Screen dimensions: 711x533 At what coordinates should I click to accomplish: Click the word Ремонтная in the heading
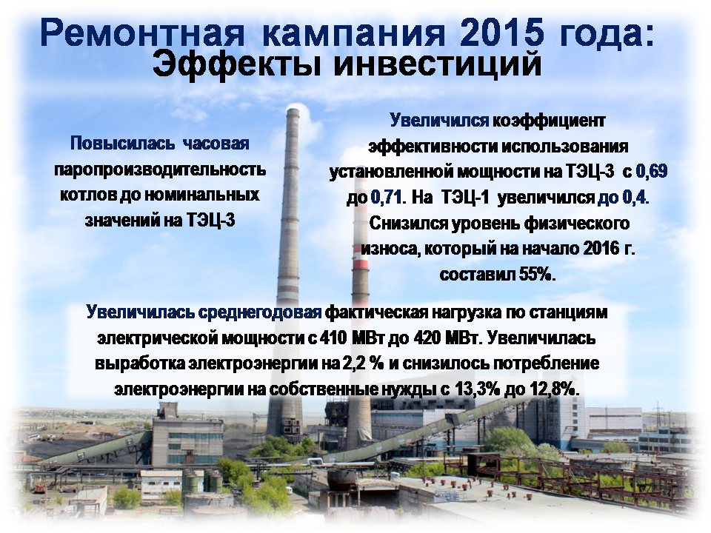(x=142, y=33)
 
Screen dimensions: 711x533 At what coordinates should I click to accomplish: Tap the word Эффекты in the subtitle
(x=237, y=64)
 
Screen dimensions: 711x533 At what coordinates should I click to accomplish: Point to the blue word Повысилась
(x=122, y=143)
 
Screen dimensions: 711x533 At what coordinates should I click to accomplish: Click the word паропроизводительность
(x=160, y=170)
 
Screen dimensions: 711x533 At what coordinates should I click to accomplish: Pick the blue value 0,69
(x=652, y=171)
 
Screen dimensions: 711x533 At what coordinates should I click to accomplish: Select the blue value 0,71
(x=387, y=197)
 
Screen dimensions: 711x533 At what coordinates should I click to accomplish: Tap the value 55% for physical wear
(x=534, y=274)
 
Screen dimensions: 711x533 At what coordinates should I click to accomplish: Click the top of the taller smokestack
(x=293, y=110)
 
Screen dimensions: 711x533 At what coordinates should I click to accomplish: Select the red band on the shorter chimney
(x=361, y=265)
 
